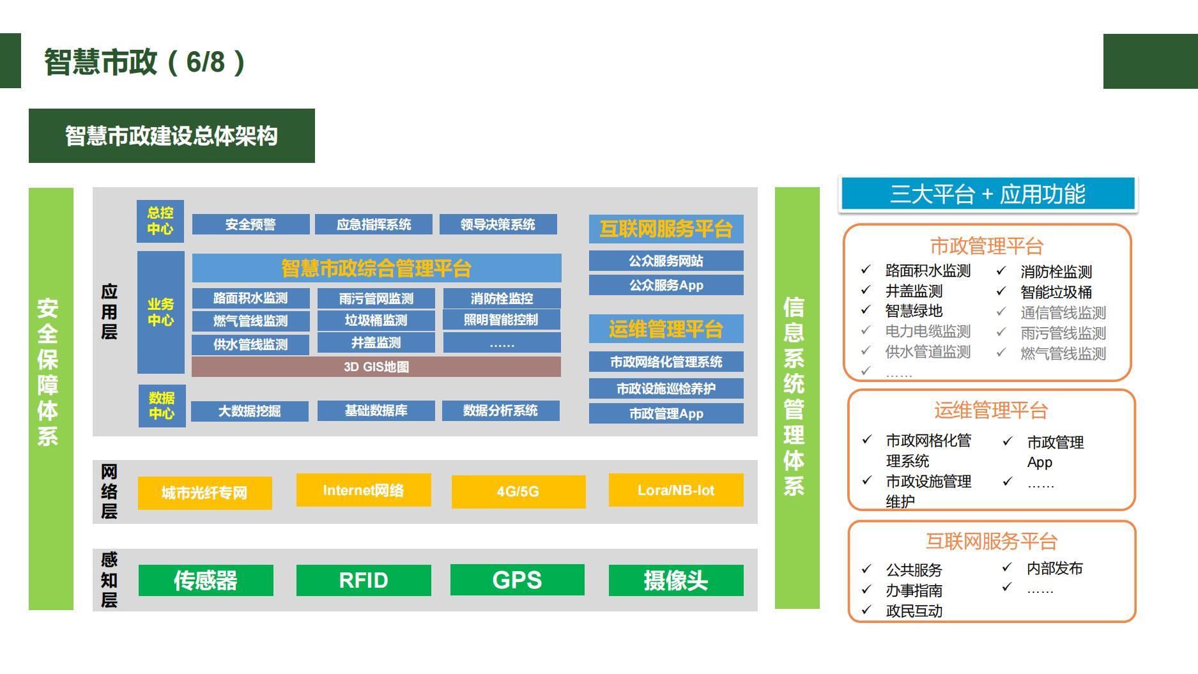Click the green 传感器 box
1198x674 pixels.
point(206,580)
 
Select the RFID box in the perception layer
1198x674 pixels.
point(363,580)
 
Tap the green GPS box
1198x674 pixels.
point(517,579)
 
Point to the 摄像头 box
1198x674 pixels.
point(675,580)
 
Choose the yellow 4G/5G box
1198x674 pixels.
point(518,491)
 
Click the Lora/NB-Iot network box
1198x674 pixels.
point(675,490)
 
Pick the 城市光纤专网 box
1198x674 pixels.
point(204,493)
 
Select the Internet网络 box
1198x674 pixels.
point(363,490)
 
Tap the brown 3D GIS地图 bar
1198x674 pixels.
point(376,367)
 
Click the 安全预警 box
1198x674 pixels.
point(250,224)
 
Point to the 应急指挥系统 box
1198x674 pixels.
point(374,224)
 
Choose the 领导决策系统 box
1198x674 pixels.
point(498,224)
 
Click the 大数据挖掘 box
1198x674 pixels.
point(249,411)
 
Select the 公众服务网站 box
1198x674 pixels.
point(666,261)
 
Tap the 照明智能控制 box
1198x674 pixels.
point(501,319)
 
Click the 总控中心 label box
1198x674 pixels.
point(160,221)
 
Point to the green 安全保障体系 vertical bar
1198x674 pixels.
point(50,398)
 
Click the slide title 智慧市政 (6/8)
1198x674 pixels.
point(144,62)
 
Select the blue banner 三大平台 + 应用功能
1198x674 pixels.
point(987,194)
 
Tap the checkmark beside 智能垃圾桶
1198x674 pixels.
point(1001,291)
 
